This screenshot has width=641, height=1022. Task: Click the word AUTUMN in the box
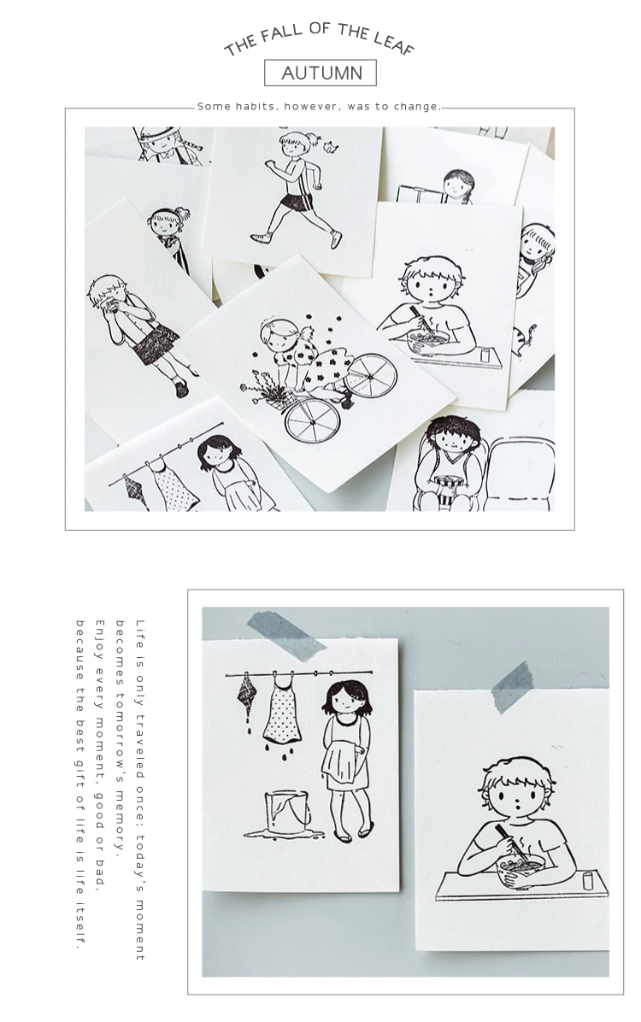[321, 73]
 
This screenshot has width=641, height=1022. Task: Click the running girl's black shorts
[297, 202]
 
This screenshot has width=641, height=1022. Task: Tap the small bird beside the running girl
[332, 148]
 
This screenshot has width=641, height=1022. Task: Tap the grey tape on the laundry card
[286, 631]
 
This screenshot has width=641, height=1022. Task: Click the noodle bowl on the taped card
[520, 871]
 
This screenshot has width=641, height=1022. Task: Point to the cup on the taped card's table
[587, 879]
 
